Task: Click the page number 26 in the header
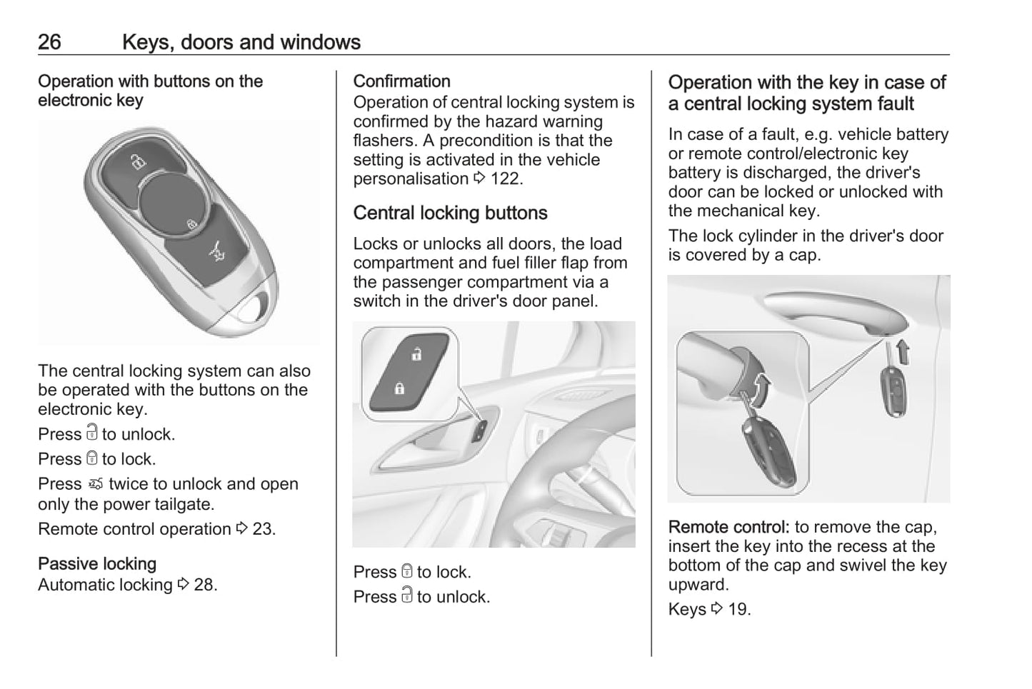tap(49, 42)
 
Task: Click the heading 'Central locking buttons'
tap(450, 213)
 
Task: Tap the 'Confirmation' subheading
tap(401, 81)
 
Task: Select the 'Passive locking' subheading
tap(97, 564)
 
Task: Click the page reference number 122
tap(506, 178)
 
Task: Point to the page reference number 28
tap(205, 585)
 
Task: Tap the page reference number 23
tap(263, 529)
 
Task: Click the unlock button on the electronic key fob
tap(136, 164)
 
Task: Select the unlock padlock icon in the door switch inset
tap(416, 354)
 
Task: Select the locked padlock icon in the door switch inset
tap(399, 388)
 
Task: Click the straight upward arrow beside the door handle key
tap(903, 352)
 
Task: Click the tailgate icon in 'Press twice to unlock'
tap(96, 485)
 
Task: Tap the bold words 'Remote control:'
tap(728, 528)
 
